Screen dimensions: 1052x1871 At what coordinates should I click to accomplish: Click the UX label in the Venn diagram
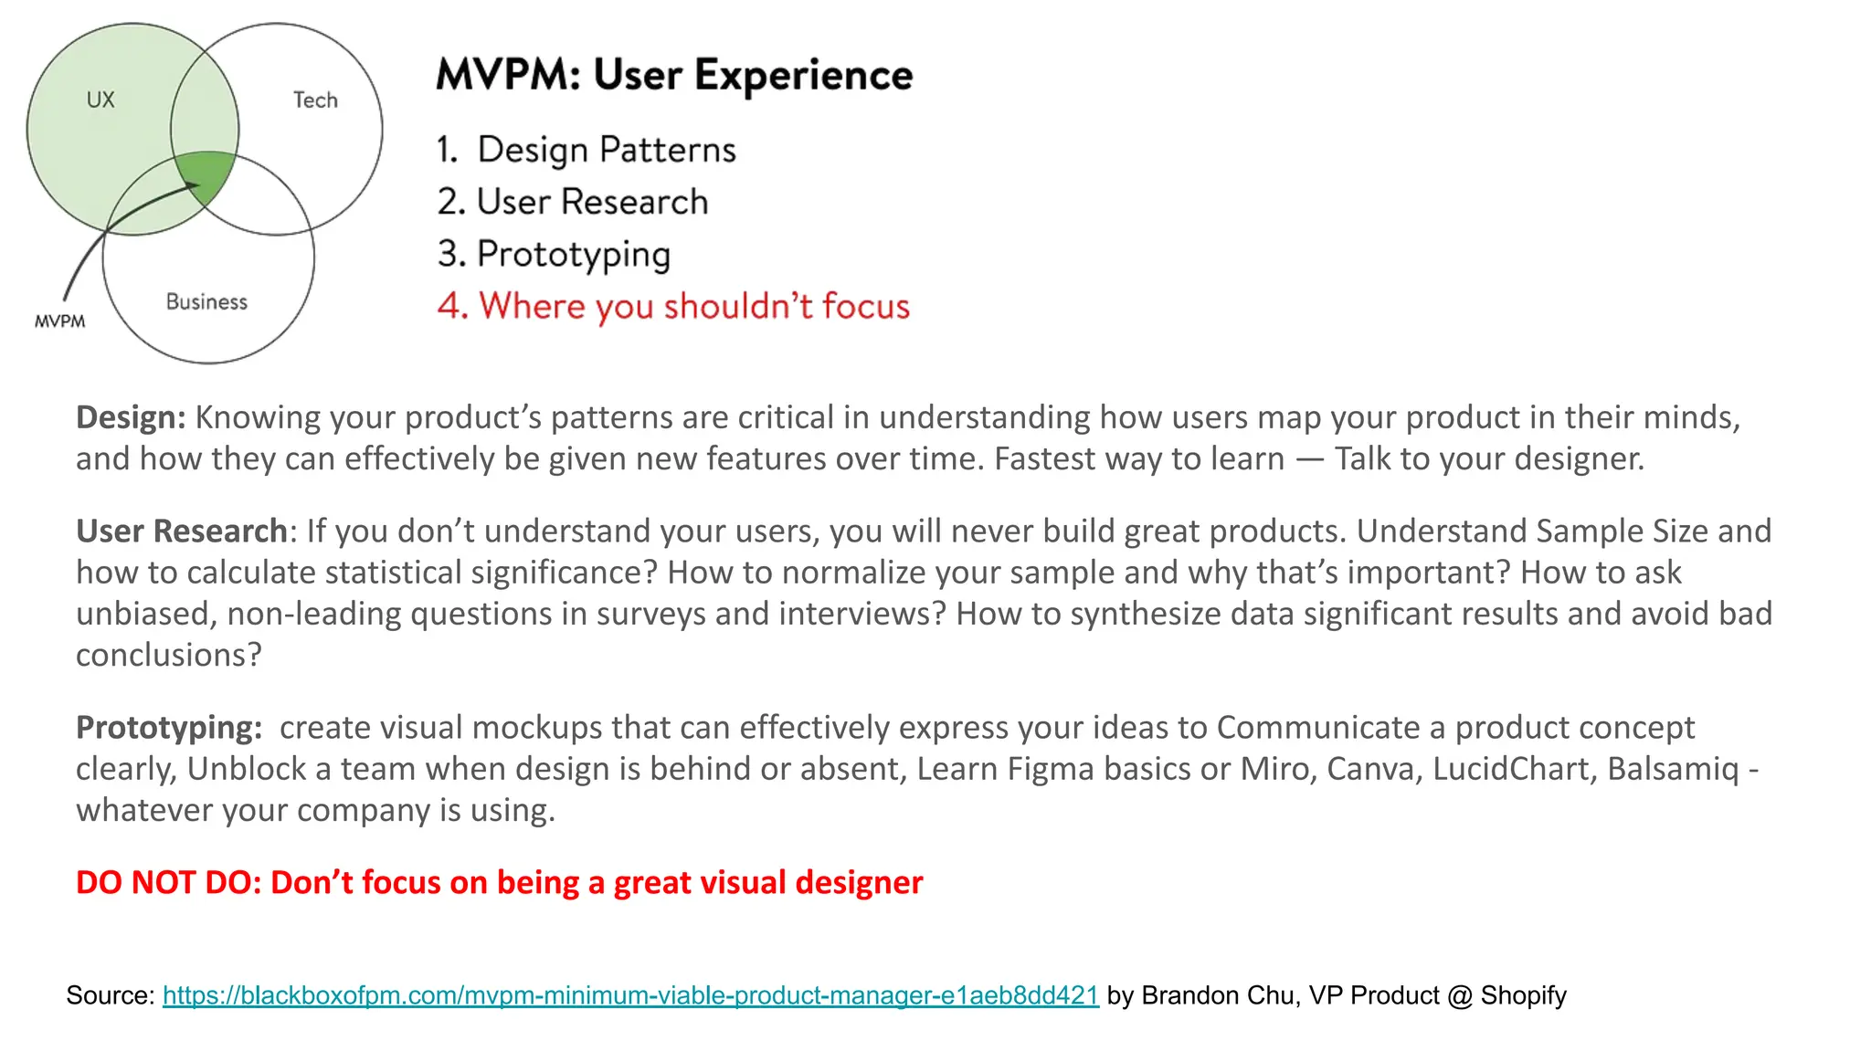[100, 100]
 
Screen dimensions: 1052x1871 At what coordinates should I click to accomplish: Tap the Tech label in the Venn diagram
[315, 100]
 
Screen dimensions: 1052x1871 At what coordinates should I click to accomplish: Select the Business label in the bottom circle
[206, 302]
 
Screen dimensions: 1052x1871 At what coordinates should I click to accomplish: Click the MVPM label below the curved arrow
[59, 321]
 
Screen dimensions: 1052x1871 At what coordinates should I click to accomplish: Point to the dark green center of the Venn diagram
[206, 175]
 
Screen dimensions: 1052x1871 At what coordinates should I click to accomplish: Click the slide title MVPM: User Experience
[673, 75]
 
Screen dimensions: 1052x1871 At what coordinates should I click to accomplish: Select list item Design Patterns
[606, 150]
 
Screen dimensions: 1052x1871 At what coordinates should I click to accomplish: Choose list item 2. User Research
[573, 202]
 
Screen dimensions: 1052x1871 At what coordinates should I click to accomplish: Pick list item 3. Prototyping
[555, 254]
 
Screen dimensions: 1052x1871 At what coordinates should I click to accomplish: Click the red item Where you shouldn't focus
[673, 306]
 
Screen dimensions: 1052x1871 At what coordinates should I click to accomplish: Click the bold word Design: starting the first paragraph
[131, 417]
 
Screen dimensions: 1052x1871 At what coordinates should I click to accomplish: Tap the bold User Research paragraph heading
[182, 531]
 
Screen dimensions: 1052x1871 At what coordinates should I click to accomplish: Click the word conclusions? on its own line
[168, 655]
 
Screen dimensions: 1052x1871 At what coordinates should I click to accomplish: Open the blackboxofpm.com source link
[630, 995]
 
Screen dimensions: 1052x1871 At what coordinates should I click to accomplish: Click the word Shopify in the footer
[1523, 995]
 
